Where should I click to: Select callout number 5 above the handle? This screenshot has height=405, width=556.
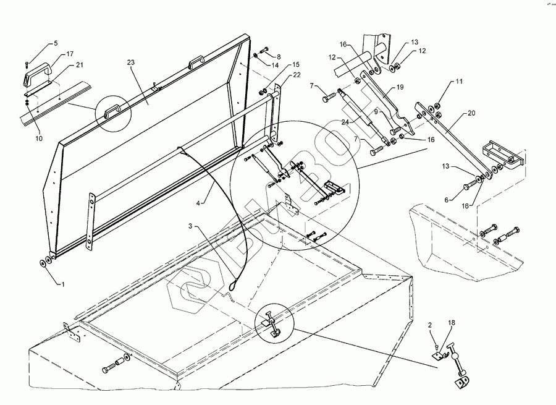click(x=56, y=43)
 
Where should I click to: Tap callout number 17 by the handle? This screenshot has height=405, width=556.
click(x=71, y=54)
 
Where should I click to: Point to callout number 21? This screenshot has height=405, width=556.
click(x=79, y=66)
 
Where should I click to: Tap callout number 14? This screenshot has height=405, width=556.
click(x=275, y=65)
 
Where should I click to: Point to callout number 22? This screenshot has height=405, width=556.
click(x=297, y=75)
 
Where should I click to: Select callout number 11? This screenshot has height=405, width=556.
click(x=459, y=82)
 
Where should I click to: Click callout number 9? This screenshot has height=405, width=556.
click(x=375, y=113)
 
